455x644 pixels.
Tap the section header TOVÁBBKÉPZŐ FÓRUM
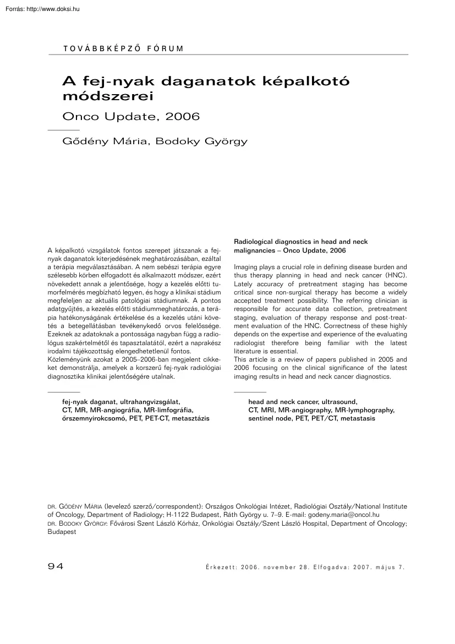pyautogui.click(x=124, y=48)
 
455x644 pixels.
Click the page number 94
pyautogui.click(x=56, y=566)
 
